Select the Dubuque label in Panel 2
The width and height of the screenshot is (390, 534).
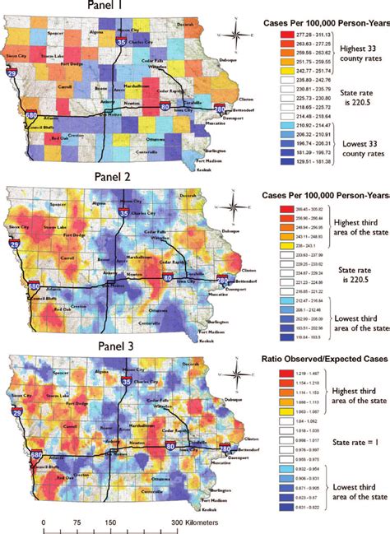pyautogui.click(x=216, y=230)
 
